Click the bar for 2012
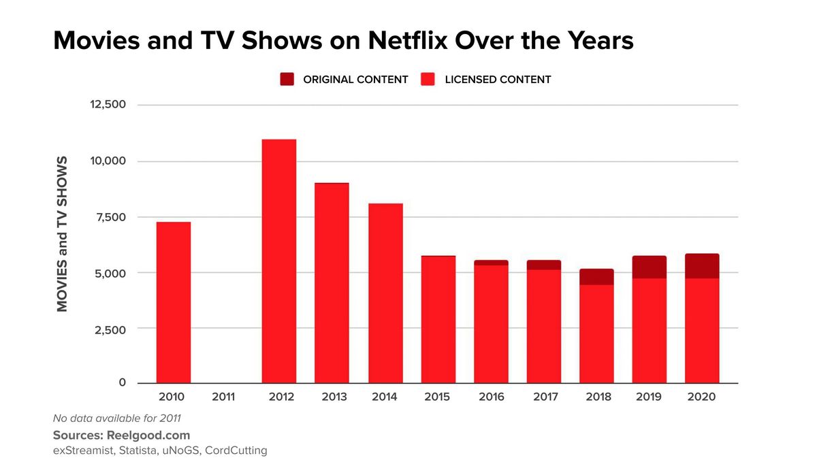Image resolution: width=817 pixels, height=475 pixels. tap(278, 262)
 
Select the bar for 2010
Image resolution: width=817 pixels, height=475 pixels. tap(173, 303)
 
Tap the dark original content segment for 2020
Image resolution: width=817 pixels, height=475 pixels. tap(702, 266)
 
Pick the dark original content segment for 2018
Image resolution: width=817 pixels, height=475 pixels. tap(596, 277)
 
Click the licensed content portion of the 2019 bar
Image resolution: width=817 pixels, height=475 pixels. tap(649, 331)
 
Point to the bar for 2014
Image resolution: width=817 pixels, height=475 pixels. tap(385, 293)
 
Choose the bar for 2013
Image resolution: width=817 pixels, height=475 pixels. tap(332, 283)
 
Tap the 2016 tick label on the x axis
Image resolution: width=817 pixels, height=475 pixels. tap(490, 397)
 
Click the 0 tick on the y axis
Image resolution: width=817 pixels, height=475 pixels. tap(123, 383)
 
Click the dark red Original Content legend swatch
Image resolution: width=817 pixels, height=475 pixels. tap(287, 80)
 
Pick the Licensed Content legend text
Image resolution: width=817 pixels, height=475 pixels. tap(498, 80)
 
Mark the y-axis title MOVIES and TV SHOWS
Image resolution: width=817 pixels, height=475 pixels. tap(63, 233)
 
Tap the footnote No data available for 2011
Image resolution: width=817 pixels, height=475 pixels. tap(116, 419)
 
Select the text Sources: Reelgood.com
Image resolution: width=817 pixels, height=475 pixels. tap(121, 435)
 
